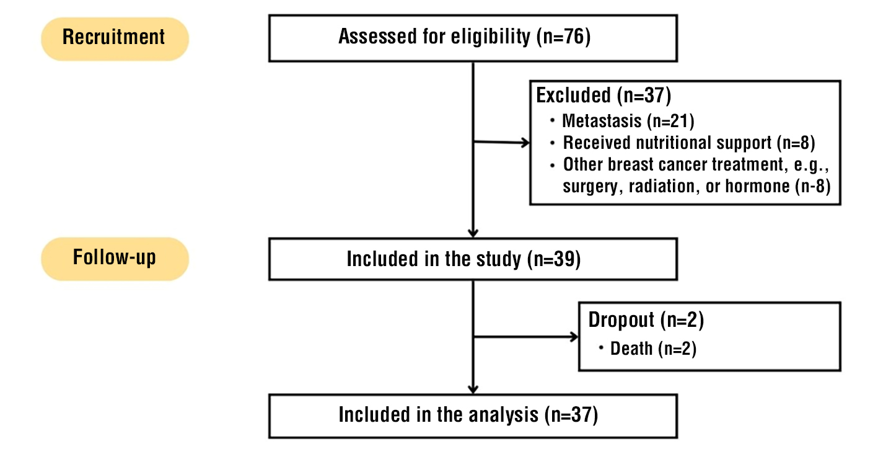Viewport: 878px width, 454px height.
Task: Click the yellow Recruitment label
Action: (x=115, y=38)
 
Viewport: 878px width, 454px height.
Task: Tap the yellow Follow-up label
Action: (x=115, y=258)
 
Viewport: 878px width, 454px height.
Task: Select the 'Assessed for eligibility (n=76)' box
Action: (x=473, y=38)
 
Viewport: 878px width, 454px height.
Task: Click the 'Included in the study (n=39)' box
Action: (x=473, y=259)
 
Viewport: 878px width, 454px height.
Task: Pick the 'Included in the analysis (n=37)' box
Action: (x=473, y=415)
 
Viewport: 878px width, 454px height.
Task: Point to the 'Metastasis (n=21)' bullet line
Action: (x=623, y=120)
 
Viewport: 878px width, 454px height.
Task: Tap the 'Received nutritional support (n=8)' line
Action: (x=688, y=143)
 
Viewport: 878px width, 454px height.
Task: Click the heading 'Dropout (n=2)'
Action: (x=646, y=320)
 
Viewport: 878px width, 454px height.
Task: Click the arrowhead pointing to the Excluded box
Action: (x=525, y=143)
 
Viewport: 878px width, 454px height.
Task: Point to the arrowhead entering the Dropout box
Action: (x=574, y=337)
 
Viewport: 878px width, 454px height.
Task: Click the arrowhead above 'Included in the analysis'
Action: (x=473, y=389)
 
